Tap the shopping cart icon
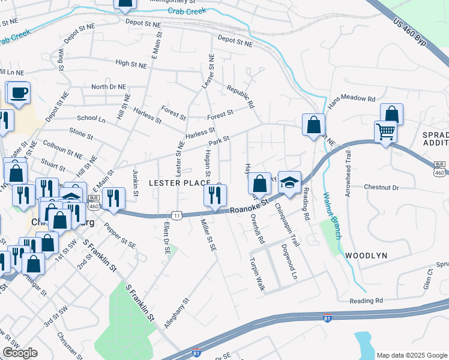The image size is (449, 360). [x=385, y=130]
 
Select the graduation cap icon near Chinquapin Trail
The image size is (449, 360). [x=289, y=182]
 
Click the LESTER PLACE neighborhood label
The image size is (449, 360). [x=179, y=182]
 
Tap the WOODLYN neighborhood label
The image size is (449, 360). [x=366, y=256]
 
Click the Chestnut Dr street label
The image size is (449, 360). [x=382, y=187]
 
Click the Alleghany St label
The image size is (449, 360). [x=177, y=313]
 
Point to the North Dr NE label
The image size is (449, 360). [x=109, y=87]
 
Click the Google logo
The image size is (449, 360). [x=20, y=353]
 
